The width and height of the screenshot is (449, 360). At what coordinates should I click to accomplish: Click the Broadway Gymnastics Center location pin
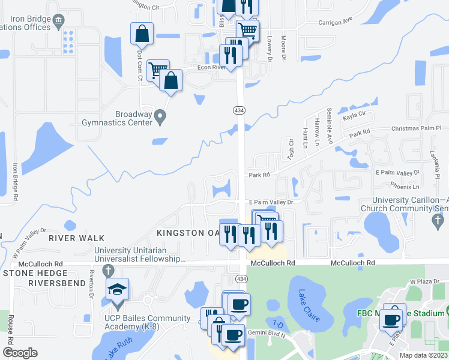(x=160, y=116)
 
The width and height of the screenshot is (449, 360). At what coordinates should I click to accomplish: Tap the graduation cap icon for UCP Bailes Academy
(x=116, y=290)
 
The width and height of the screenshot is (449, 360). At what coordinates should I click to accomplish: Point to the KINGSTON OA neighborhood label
(x=187, y=233)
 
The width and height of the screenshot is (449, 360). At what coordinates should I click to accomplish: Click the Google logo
(x=20, y=353)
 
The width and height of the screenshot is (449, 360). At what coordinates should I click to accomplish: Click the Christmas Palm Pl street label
(x=415, y=128)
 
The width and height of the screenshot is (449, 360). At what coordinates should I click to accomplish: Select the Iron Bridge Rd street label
(x=16, y=181)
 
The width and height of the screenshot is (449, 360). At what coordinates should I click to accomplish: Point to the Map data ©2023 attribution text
(x=423, y=355)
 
